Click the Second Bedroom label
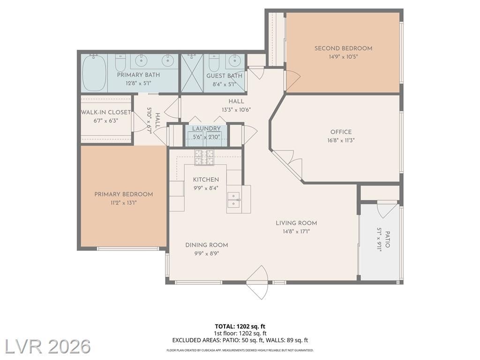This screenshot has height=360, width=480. (x=343, y=48)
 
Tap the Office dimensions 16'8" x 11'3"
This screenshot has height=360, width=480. (x=341, y=141)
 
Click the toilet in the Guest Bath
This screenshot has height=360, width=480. (x=214, y=63)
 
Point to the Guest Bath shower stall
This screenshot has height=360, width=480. (x=192, y=73)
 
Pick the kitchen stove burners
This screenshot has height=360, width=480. (x=204, y=157)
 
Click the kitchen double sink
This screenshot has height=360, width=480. (x=234, y=200)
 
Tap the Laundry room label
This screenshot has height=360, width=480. (x=206, y=128)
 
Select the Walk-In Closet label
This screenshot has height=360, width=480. (x=106, y=112)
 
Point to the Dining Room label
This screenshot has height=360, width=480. (x=207, y=245)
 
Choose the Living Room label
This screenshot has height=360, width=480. (x=296, y=223)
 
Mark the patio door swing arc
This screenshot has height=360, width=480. (x=386, y=211)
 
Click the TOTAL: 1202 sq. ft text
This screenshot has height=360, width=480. (x=240, y=326)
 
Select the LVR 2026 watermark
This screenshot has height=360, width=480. (x=48, y=346)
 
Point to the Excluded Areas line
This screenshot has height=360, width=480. (x=240, y=340)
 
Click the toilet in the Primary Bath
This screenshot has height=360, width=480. (x=120, y=63)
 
